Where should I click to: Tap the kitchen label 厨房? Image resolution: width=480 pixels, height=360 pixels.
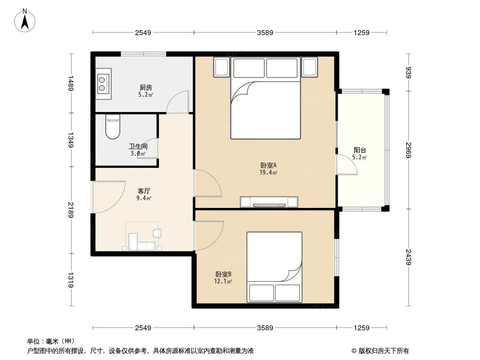click(x=145, y=88)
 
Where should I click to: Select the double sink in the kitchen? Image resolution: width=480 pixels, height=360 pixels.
click(x=103, y=83)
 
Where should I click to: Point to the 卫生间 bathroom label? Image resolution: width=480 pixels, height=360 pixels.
click(x=138, y=147)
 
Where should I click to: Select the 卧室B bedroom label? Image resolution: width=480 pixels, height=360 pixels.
click(x=223, y=274)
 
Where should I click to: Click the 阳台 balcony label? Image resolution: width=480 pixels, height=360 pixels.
click(x=359, y=150)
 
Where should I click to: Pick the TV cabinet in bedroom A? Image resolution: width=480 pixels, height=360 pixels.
click(x=269, y=202)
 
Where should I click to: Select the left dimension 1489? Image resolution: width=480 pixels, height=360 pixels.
click(x=71, y=83)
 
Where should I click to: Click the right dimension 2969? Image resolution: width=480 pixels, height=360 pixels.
click(x=408, y=150)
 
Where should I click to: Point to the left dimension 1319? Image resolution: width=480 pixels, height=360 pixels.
click(x=71, y=280)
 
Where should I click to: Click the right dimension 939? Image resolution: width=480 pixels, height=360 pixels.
click(x=408, y=72)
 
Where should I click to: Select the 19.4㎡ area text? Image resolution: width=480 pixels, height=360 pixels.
click(x=268, y=172)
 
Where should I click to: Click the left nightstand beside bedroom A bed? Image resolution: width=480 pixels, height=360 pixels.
click(x=222, y=67)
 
